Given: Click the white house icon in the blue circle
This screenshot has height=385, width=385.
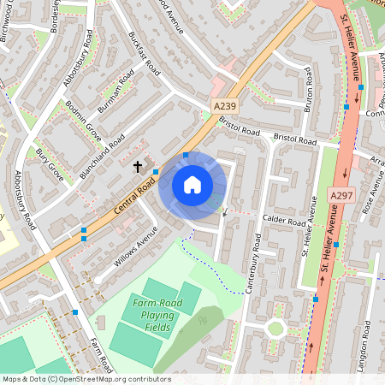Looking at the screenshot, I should (192, 185).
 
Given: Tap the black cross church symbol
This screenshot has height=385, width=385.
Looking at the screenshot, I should (138, 166).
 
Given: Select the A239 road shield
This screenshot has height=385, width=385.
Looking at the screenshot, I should (224, 104).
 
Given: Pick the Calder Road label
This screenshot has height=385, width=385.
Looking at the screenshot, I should (284, 221).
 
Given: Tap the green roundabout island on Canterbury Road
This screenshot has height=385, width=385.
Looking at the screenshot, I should (275, 328).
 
